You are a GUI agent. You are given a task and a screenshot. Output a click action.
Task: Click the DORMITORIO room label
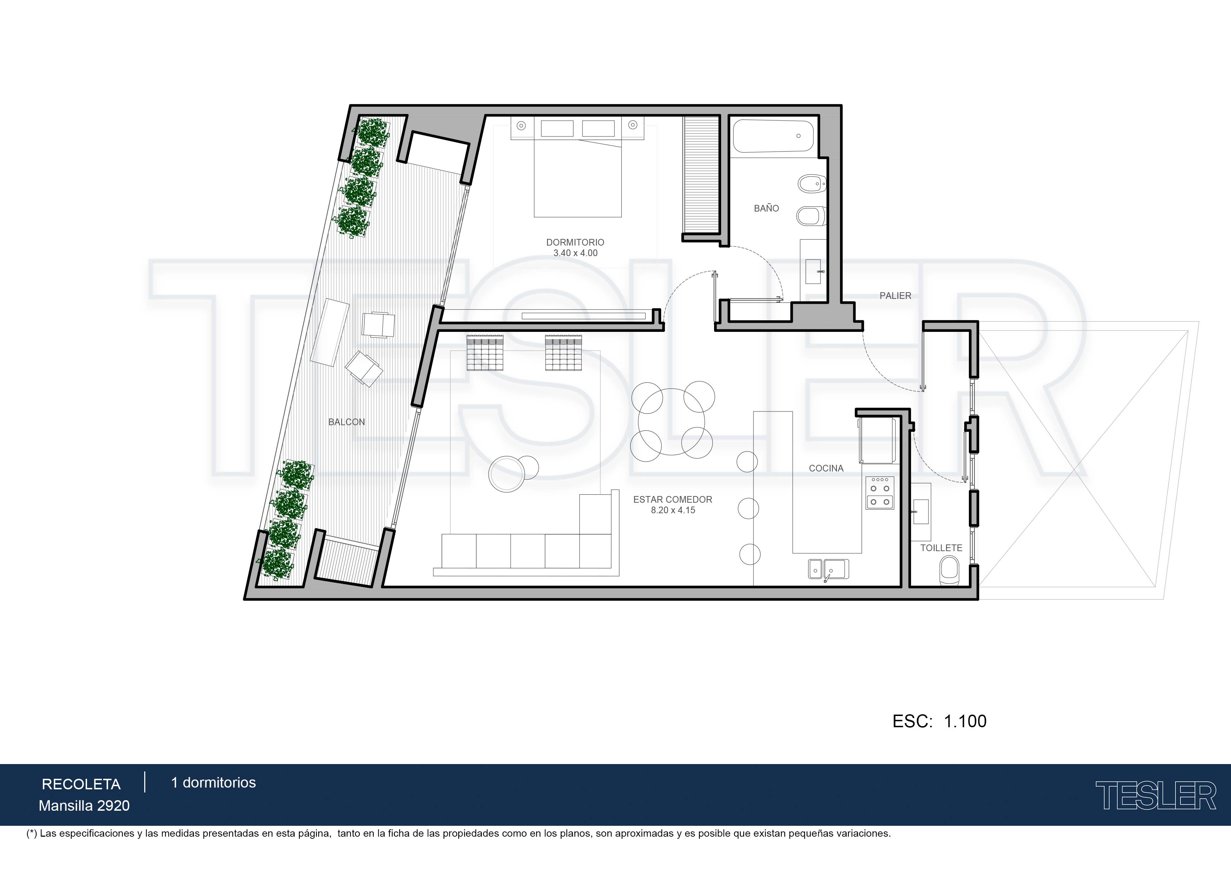tap(575, 242)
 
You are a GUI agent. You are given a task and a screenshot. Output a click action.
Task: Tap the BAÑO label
tap(766, 208)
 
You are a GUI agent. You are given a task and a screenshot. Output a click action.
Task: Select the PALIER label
tap(896, 295)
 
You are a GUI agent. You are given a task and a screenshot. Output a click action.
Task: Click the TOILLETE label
tap(941, 548)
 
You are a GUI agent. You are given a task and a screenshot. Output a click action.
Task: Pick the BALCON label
tap(346, 422)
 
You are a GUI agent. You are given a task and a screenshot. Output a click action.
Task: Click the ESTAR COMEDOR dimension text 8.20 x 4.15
tap(673, 510)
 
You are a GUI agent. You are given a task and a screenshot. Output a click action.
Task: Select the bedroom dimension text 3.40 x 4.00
tap(575, 253)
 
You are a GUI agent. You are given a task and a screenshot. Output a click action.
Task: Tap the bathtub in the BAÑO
tap(773, 136)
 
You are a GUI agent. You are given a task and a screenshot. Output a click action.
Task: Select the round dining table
tap(671, 422)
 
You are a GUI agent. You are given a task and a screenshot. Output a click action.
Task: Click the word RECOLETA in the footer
tap(81, 784)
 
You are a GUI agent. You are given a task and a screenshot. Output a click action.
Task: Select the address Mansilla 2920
tap(84, 806)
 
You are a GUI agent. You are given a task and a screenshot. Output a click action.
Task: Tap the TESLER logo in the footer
tap(1156, 796)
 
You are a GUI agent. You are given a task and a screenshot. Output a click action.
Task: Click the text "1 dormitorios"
tap(213, 783)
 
